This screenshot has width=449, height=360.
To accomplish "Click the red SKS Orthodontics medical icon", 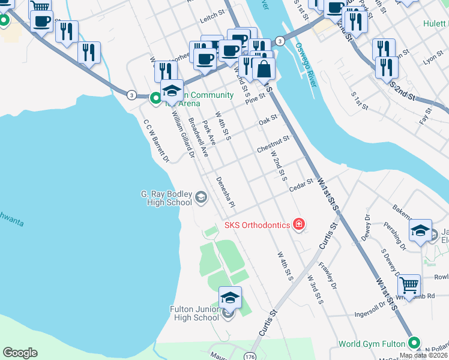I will click(x=299, y=225).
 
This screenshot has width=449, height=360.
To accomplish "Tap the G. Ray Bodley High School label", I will click(x=166, y=198).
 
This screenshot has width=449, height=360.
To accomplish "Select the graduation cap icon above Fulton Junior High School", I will click(x=229, y=298).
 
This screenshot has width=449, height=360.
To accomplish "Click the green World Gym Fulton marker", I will click(x=413, y=344).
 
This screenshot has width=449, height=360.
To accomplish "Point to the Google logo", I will click(x=20, y=353).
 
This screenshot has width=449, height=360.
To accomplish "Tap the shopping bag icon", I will click(x=264, y=70).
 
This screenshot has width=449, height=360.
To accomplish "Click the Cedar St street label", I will click(x=301, y=185).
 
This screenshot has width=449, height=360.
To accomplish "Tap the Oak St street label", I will click(x=269, y=120).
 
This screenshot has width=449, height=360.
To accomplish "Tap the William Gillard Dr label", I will click(x=183, y=135).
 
